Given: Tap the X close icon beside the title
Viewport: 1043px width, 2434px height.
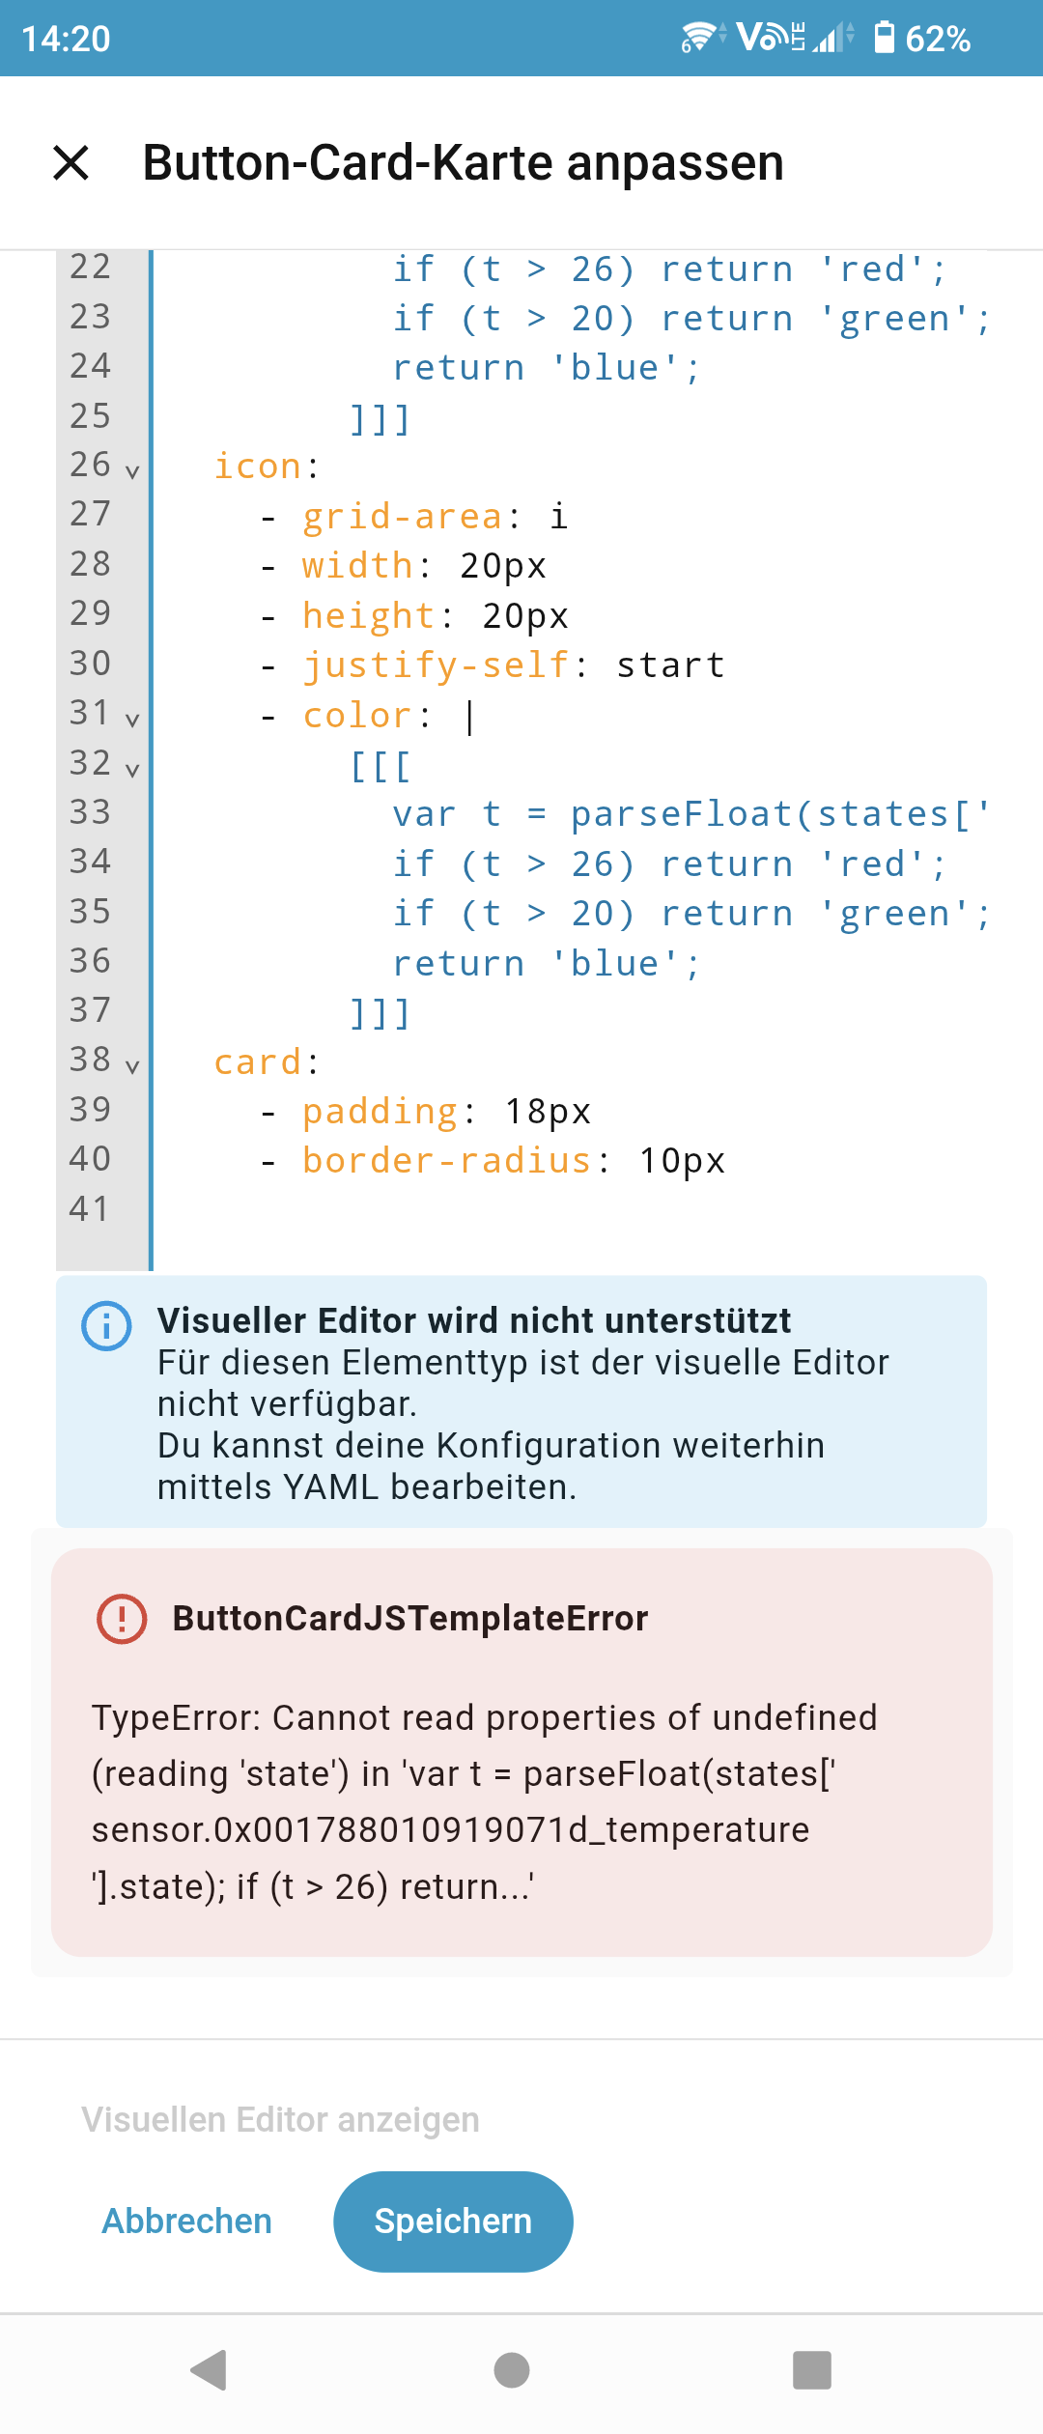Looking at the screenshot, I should (71, 162).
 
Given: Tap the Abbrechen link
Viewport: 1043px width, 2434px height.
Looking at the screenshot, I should (186, 2221).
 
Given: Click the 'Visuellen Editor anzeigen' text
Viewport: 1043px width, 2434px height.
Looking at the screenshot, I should (280, 2119).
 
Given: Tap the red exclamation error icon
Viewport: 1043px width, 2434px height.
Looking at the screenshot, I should (122, 1618).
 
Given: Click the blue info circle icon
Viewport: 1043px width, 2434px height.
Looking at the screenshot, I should (106, 1326).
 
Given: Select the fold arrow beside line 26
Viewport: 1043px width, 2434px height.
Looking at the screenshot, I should (132, 471).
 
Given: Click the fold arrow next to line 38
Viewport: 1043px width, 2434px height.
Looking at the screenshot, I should (132, 1066).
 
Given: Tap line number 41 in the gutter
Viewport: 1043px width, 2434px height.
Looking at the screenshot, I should (90, 1208).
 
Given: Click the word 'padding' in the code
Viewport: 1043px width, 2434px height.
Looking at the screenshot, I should (379, 1112).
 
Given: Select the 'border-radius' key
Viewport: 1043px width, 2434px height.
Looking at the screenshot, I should (446, 1161).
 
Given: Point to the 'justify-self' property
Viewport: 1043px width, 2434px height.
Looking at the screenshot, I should (436, 665).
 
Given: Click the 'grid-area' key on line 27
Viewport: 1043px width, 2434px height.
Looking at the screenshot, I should (402, 517).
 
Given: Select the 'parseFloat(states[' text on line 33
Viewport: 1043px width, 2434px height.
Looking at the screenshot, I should (777, 814).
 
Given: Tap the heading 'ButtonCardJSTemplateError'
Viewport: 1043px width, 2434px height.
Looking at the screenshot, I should (410, 1618).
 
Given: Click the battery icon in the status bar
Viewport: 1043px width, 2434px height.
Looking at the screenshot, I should (884, 39).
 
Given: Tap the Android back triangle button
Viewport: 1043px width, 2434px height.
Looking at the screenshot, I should (210, 2369).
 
